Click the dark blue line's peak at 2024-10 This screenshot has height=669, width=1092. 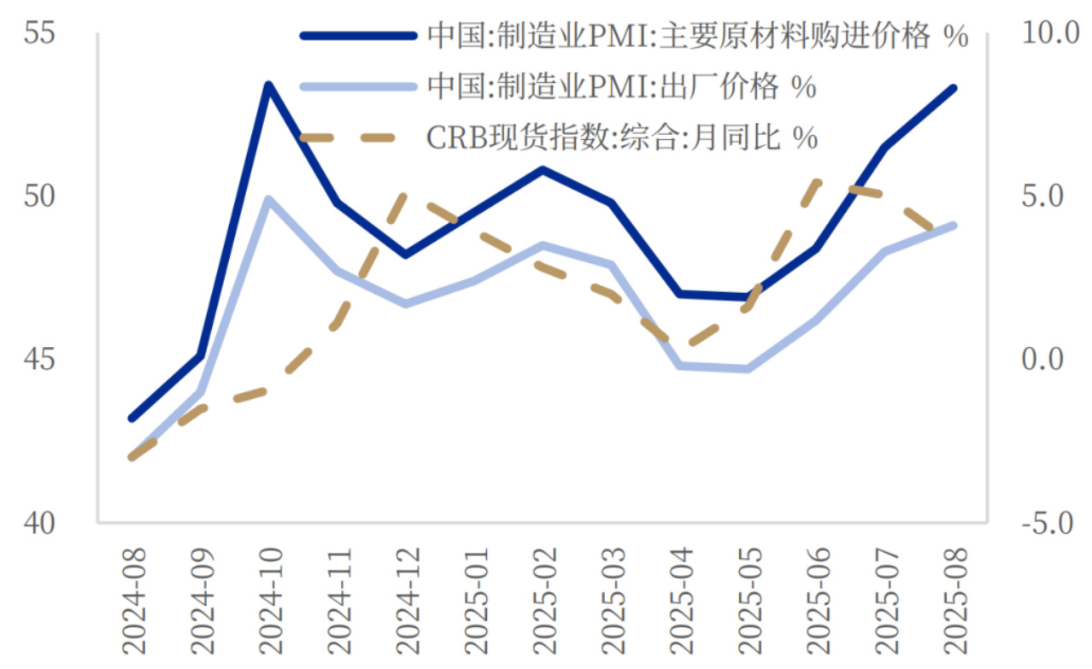click(x=267, y=85)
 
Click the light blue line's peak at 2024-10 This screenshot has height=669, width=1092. click(x=267, y=199)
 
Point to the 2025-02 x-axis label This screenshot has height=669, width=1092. click(x=544, y=602)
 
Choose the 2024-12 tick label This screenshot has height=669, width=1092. click(x=407, y=602)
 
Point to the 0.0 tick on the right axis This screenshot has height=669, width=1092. click(x=1043, y=360)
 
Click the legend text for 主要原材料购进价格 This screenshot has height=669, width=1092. click(x=697, y=37)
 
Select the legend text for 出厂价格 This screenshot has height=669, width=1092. click(x=621, y=86)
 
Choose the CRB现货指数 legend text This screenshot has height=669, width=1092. click(x=621, y=137)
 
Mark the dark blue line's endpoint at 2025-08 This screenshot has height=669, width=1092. click(x=954, y=88)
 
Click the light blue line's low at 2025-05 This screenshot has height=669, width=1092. click(x=748, y=369)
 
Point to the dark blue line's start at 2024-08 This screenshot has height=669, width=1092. click(x=132, y=419)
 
